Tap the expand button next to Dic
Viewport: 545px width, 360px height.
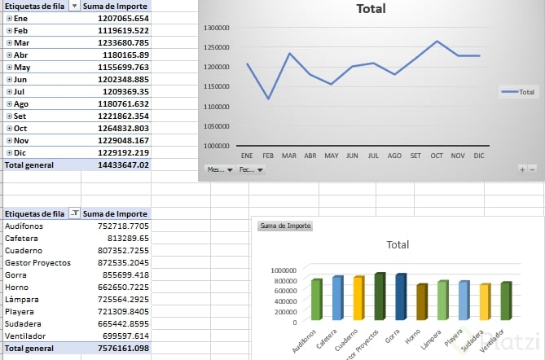point(8,152)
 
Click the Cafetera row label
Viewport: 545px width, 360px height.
point(21,239)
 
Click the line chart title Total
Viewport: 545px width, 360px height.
point(371,10)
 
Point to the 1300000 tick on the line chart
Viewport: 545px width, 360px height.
point(217,27)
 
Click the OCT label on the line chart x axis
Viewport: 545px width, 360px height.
point(437,155)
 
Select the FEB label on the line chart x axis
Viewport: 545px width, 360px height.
point(268,155)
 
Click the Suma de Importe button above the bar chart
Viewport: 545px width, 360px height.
point(285,226)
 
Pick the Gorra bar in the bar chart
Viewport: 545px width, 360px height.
point(401,297)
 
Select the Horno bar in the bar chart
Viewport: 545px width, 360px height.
point(422,302)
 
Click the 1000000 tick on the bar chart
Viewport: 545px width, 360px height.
point(282,270)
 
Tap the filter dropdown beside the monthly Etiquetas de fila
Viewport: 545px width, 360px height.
point(74,6)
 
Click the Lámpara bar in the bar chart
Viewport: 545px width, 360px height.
point(442,301)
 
